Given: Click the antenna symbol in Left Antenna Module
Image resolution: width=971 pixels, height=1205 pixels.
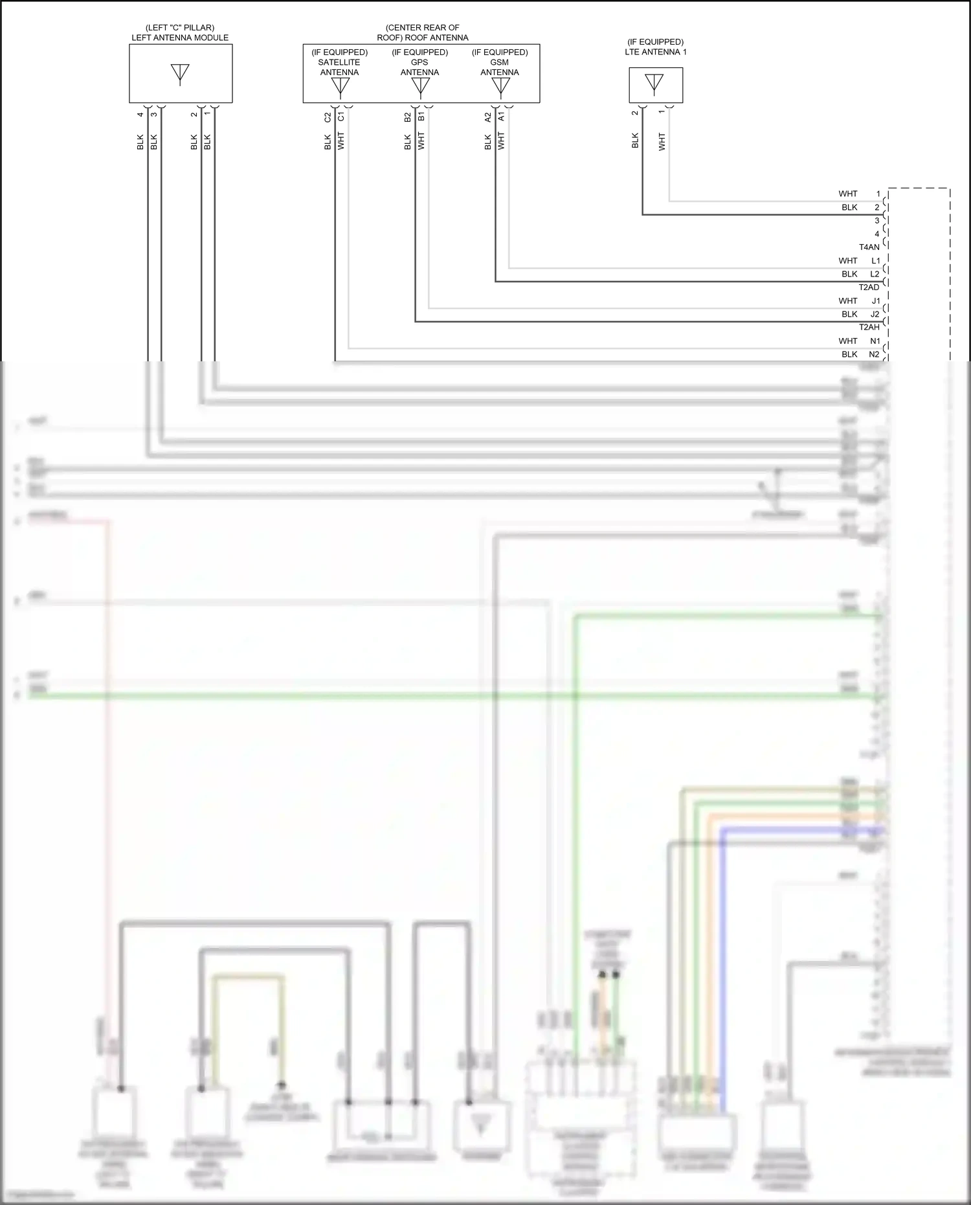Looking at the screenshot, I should pos(180,73).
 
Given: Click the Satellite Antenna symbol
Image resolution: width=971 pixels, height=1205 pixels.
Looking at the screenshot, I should pos(340,86).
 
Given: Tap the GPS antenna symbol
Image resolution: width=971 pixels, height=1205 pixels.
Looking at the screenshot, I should pos(420,86).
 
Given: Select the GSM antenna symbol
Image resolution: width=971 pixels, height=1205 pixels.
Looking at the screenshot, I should pos(500,86).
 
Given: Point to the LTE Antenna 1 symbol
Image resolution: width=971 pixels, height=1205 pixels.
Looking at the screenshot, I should pos(654,84).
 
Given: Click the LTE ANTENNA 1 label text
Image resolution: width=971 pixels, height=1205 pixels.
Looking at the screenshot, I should pos(656,52).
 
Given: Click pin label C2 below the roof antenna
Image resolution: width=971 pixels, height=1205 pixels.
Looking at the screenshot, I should pos(328,117).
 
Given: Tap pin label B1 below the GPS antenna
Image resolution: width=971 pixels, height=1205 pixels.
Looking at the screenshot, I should pos(421,117).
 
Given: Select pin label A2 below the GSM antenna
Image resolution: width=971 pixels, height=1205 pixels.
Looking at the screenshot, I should pos(488,117).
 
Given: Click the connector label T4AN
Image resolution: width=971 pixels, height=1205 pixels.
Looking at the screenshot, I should pos(869,247).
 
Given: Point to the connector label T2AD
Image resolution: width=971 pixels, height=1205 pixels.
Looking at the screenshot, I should pos(869,287).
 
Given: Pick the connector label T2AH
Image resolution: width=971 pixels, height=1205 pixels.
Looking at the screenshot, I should pos(869,328).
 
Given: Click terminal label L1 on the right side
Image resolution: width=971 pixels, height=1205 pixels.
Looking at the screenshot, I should pos(875,261).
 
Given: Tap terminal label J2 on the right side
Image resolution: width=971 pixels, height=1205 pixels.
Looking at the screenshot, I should pos(875,314).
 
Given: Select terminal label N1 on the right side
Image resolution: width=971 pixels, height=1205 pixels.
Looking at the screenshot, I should pos(875,341).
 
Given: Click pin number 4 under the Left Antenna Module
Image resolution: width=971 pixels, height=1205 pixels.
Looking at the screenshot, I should pos(140,115).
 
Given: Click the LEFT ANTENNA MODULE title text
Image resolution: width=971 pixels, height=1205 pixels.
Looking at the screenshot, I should pos(180,38).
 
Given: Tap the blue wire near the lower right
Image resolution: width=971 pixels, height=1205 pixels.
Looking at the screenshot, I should pos(723,971).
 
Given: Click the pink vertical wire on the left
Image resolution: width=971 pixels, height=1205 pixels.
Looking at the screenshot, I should pos(108,777).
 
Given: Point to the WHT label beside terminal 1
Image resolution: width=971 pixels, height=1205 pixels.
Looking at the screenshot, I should pos(847,194).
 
